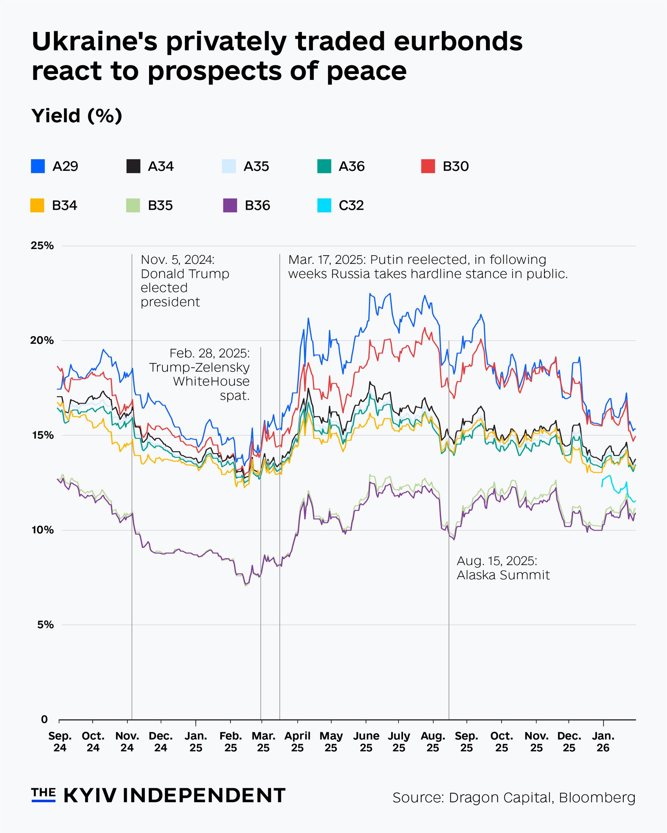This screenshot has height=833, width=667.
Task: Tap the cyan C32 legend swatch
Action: (x=324, y=205)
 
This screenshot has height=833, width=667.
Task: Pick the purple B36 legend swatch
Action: (x=230, y=205)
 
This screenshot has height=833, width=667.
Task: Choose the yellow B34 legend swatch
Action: (x=38, y=205)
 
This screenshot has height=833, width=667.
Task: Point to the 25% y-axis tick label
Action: (x=42, y=246)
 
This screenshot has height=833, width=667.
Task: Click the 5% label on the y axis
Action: (x=45, y=625)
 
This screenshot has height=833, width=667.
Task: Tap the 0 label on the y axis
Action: (x=44, y=719)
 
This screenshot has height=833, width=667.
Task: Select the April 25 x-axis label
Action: (x=298, y=742)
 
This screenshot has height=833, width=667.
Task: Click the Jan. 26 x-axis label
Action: (x=603, y=742)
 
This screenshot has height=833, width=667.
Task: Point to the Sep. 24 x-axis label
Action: (x=60, y=742)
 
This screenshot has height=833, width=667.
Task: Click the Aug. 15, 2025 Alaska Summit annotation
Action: (x=503, y=568)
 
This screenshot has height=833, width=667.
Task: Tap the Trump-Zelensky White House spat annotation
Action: (x=199, y=374)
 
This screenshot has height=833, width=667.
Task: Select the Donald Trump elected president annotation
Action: (x=185, y=281)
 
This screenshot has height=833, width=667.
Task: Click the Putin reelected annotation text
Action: (x=428, y=267)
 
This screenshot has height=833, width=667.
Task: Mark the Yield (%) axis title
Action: (x=77, y=116)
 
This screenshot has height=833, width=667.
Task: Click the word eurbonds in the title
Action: (x=458, y=41)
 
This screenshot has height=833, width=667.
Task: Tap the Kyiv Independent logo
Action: (x=158, y=795)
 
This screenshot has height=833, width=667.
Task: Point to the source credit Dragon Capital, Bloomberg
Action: (x=513, y=798)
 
